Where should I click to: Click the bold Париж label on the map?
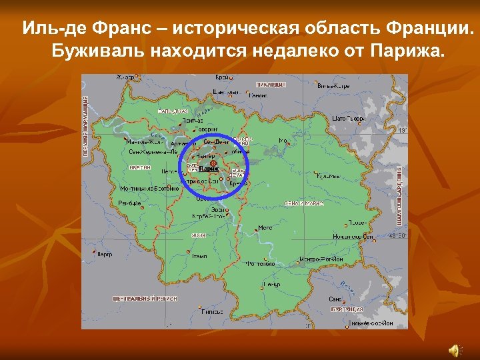(x=209, y=169)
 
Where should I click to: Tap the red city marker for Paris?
(x=213, y=163)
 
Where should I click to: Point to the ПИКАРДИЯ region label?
(x=271, y=85)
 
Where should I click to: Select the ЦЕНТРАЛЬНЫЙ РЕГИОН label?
(x=145, y=299)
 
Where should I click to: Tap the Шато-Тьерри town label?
(x=347, y=118)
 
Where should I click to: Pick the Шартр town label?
(x=104, y=254)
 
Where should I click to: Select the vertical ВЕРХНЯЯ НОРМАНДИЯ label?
(x=85, y=126)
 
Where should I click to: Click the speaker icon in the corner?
(x=455, y=348)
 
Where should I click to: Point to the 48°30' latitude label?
(x=397, y=235)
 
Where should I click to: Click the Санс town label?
(x=335, y=299)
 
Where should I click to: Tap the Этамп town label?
(x=199, y=255)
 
